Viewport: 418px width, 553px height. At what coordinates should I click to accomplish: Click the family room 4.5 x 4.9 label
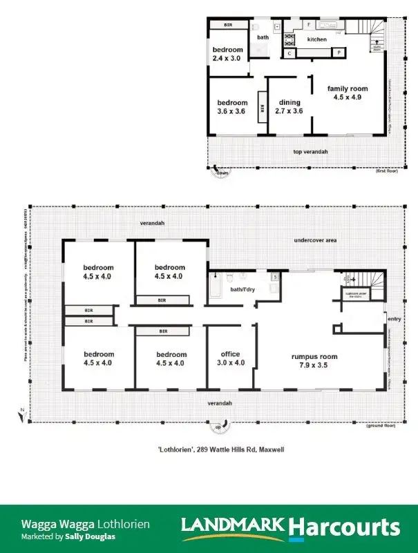[x=348, y=93]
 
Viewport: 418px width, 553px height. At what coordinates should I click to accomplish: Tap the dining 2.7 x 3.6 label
[x=289, y=106]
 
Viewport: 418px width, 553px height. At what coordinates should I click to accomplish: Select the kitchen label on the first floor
[x=317, y=39]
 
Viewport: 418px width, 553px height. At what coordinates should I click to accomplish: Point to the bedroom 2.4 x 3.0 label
[x=227, y=55]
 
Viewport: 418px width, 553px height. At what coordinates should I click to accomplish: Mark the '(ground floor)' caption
[x=383, y=426]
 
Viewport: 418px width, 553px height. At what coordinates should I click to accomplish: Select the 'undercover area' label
[x=315, y=240]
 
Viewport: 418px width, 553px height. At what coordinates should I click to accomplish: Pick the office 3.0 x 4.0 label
[x=225, y=358]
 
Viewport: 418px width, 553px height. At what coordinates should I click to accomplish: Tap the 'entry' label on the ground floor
[x=394, y=319]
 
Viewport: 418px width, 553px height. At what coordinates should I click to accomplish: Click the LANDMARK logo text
[x=232, y=527]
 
